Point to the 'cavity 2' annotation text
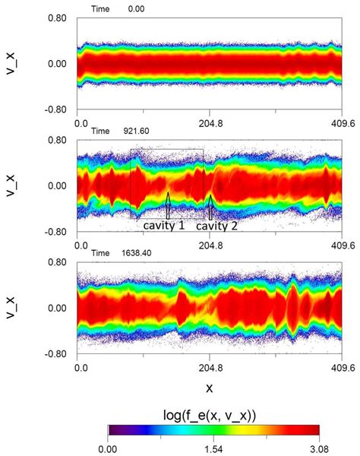point(217,226)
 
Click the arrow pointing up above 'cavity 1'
point(168,205)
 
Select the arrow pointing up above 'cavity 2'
point(210,205)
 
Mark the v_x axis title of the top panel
point(11,63)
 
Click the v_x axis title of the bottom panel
point(11,308)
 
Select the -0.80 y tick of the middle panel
point(55,233)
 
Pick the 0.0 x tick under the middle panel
point(81,243)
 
